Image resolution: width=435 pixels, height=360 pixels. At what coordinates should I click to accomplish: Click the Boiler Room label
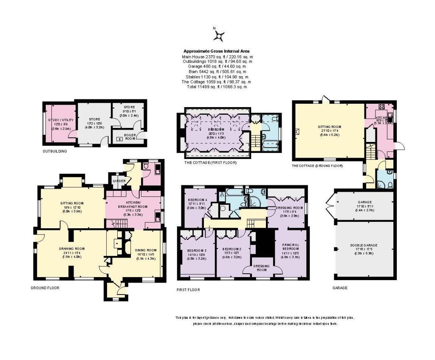[124, 136]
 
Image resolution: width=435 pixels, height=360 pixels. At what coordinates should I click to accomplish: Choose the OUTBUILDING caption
[55, 151]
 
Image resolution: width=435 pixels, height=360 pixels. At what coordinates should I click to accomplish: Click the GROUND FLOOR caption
[45, 288]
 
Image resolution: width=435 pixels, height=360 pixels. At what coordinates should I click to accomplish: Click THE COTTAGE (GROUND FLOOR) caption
[317, 165]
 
